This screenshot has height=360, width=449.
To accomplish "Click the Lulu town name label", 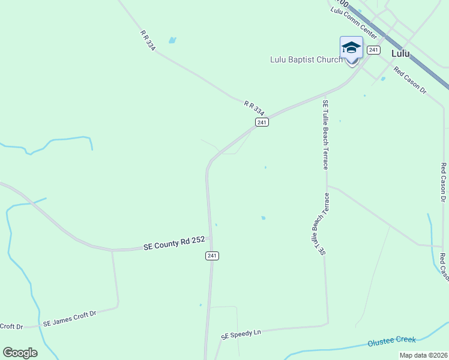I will tap(400, 53).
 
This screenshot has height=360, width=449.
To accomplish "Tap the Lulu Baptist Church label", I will tap(306, 59).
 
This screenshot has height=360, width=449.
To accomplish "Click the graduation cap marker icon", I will tap(351, 47).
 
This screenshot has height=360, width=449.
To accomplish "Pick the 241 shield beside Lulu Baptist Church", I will tap(373, 50).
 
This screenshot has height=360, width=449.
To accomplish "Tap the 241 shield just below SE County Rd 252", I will tap(212, 256).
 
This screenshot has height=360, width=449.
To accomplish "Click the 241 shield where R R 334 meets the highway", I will tap(261, 122).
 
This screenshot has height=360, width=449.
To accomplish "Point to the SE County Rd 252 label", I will tap(174, 243).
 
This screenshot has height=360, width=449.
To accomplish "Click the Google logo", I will tap(20, 353).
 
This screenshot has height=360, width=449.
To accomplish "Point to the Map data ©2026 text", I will tap(423, 355).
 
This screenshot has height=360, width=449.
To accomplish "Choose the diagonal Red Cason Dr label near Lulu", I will tap(410, 80).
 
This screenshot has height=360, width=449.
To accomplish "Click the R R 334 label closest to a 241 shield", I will tap(254, 108).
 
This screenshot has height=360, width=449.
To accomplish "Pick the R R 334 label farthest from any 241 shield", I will tap(148, 41).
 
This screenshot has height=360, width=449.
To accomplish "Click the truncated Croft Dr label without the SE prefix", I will tap(11, 326).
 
